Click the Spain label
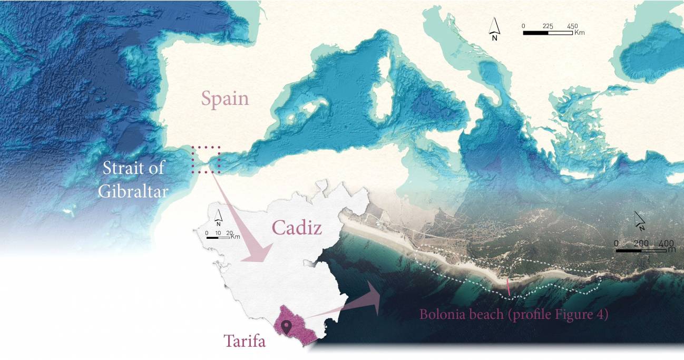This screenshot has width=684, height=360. point(225,99)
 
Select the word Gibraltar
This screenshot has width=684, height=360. point(133,191)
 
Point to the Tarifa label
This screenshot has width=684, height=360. point(245,341)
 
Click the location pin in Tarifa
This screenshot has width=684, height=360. point(287,327)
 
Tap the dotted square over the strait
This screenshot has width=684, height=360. point(206,160)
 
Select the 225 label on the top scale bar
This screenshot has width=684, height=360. point(548,25)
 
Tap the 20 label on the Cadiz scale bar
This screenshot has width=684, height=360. point(229,232)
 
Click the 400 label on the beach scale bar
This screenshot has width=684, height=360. point(666,243)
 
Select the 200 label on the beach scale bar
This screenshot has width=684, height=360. point(641,243)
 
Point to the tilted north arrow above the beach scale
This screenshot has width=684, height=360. point(640,221)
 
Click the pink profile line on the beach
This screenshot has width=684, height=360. point(508,287)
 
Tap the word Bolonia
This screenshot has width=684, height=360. point(441,315)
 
